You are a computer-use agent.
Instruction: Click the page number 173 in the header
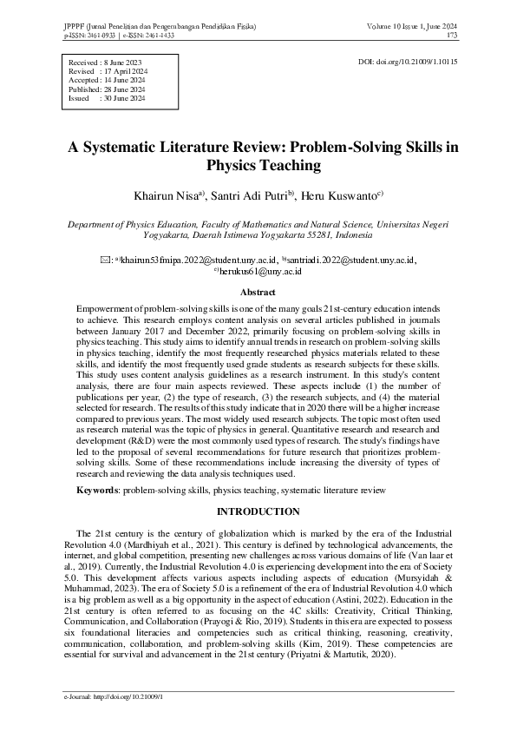[452, 36]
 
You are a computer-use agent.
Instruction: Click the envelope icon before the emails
[106, 259]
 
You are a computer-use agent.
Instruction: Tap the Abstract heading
[258, 293]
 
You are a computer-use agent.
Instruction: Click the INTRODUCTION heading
[258, 511]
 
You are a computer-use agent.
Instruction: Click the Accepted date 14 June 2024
[127, 81]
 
